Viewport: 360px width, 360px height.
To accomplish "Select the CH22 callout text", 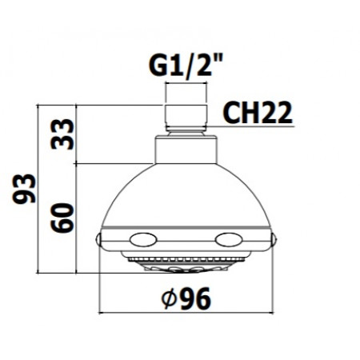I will point(255,112).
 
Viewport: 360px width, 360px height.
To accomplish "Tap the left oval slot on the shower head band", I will point(144,238).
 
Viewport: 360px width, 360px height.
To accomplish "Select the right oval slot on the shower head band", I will point(229,238).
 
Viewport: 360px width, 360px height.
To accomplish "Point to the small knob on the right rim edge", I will point(274,239).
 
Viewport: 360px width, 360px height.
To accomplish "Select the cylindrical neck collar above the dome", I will point(186,149).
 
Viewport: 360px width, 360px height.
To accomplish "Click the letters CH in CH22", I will point(238,112).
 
